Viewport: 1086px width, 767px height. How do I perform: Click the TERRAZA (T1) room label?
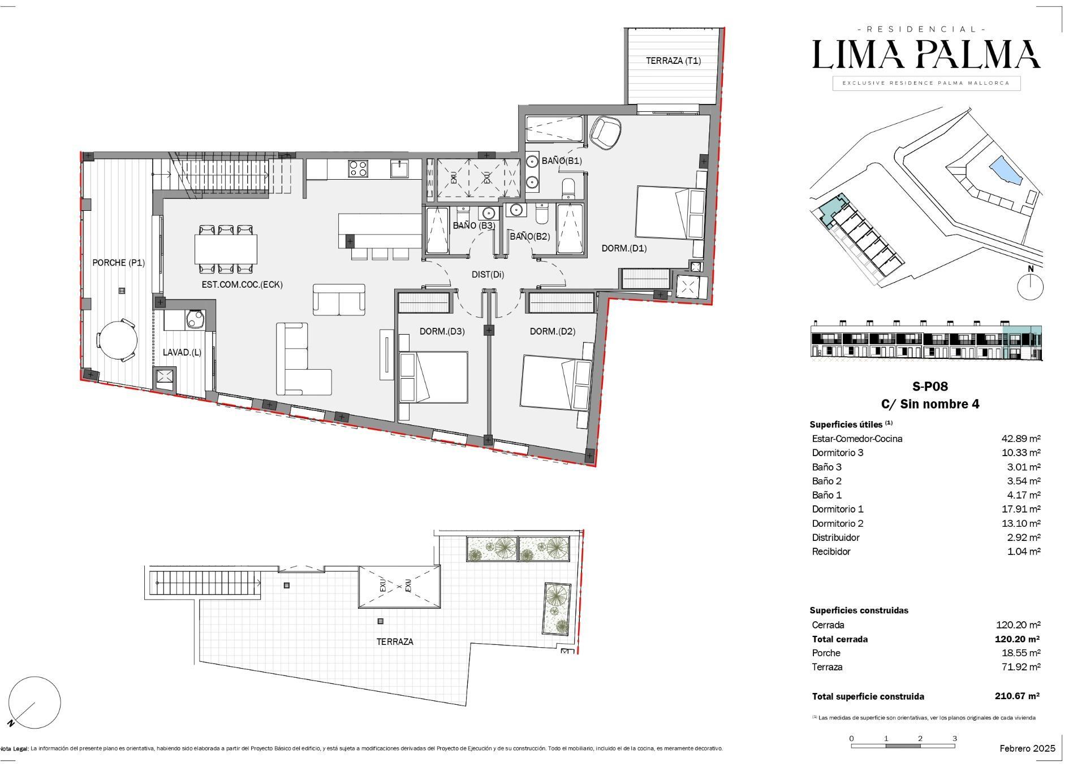[673, 61]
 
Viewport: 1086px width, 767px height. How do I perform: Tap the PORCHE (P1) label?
[119, 263]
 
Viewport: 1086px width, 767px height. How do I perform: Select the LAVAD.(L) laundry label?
[182, 352]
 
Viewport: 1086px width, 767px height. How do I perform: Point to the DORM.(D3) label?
[442, 331]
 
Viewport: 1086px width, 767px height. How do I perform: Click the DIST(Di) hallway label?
[488, 275]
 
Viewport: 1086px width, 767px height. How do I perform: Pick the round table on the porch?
[117, 340]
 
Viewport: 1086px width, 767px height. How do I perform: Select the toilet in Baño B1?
[569, 188]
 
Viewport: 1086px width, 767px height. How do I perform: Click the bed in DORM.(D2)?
[557, 382]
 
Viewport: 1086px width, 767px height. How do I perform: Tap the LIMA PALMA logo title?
[926, 54]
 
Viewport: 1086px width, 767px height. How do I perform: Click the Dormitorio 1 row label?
[838, 509]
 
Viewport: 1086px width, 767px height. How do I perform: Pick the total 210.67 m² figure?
[1017, 696]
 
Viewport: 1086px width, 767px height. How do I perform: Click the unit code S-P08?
[930, 387]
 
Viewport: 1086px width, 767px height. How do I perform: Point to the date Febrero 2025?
[1027, 748]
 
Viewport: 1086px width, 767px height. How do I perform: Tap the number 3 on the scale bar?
[955, 738]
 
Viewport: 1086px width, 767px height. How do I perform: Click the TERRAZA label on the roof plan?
[395, 642]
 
